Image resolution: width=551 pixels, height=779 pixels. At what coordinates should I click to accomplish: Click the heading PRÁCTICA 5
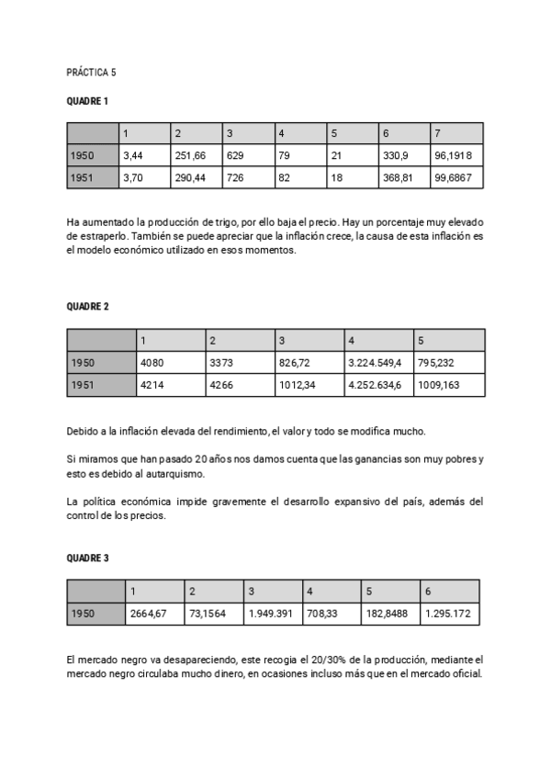(92, 72)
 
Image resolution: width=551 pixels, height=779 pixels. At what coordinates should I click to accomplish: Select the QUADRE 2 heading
(88, 306)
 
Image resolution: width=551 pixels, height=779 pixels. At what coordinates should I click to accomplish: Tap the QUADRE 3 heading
(88, 558)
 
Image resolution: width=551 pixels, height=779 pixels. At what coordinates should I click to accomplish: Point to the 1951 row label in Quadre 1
(83, 177)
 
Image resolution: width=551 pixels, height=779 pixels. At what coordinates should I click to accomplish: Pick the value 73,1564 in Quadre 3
(207, 613)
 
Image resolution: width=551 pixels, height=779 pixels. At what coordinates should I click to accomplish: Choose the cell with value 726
(239, 177)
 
